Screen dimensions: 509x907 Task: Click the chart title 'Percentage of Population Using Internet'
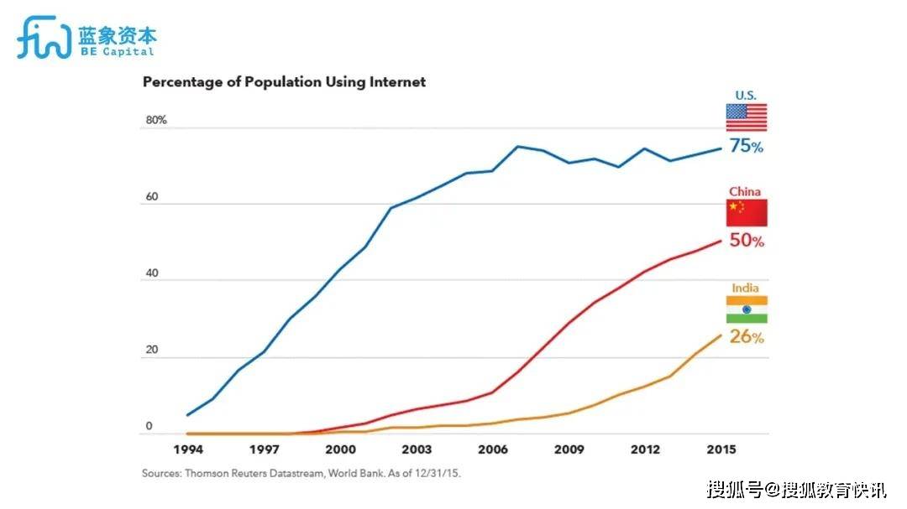coord(284,82)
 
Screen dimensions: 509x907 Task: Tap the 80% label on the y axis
coord(156,120)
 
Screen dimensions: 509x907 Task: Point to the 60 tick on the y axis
coord(152,197)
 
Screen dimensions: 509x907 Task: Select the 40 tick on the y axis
coord(152,273)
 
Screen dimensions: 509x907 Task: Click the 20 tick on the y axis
coord(152,350)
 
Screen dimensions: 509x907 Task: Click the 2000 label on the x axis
coord(340,449)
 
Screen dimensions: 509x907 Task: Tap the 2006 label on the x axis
coord(492,449)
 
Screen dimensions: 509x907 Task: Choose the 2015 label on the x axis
coord(721,449)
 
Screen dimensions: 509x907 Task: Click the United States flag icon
coord(747,117)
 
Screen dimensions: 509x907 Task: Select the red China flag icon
coord(747,213)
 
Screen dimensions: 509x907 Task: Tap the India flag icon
coord(747,309)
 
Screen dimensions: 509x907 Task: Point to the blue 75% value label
coord(747,147)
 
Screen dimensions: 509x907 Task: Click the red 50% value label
coord(747,242)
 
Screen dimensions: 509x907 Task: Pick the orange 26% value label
coord(747,338)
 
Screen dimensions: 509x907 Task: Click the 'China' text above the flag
coord(745,191)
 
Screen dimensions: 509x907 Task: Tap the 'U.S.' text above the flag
coord(746,96)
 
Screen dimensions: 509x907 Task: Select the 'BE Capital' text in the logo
coord(117,51)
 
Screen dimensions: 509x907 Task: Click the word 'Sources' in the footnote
coord(162,473)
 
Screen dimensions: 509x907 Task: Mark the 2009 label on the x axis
coord(569,449)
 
